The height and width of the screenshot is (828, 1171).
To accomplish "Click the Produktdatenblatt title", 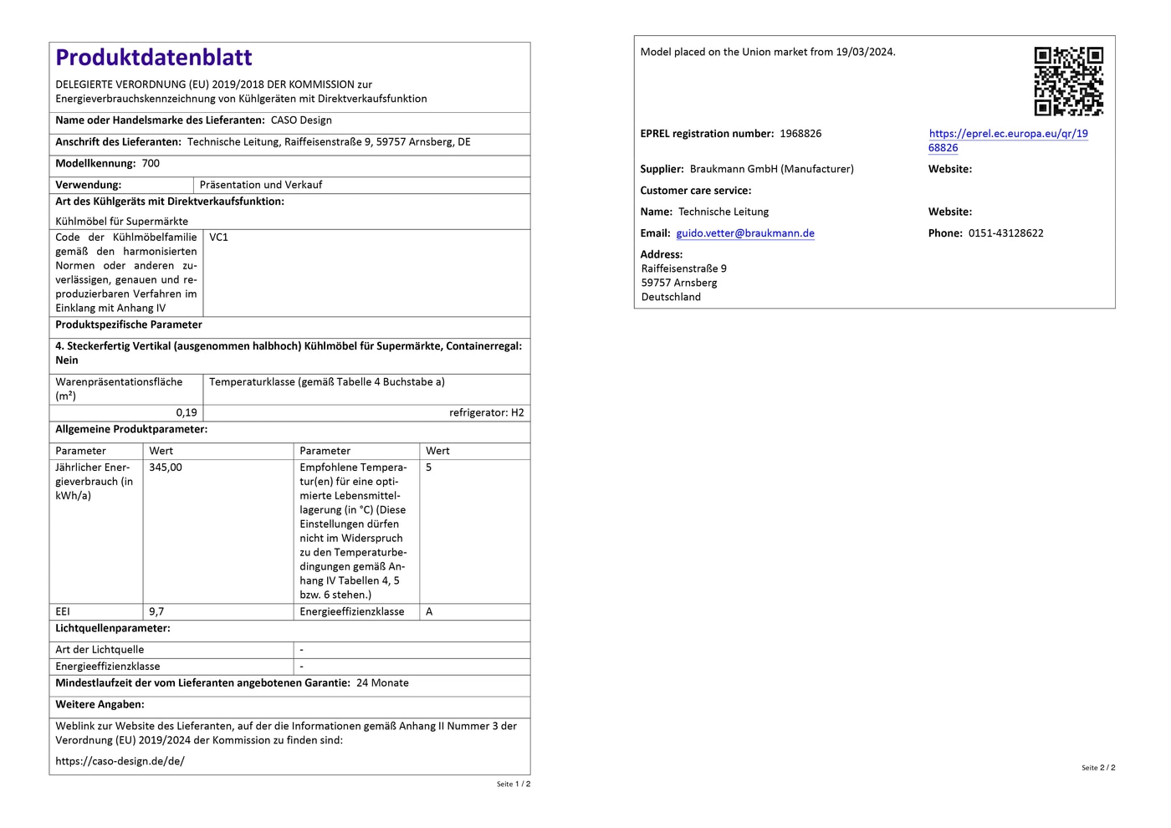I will pyautogui.click(x=154, y=58).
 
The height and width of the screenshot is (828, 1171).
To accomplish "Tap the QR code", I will pyautogui.click(x=1068, y=81).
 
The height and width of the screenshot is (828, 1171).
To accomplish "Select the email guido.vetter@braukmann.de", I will pyautogui.click(x=745, y=233).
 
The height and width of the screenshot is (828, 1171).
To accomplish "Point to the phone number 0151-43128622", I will pyautogui.click(x=1005, y=233).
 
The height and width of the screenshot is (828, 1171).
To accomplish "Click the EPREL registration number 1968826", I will pyautogui.click(x=800, y=134).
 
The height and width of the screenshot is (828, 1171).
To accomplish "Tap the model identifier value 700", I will pyautogui.click(x=151, y=164).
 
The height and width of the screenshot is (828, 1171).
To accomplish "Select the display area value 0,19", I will pyautogui.click(x=187, y=412).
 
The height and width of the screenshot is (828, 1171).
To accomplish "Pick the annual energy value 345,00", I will pyautogui.click(x=166, y=468).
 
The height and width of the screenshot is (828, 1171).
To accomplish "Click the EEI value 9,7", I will pyautogui.click(x=156, y=611).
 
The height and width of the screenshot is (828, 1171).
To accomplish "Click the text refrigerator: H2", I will pyautogui.click(x=486, y=412).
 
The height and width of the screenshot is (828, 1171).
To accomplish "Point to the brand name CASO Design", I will pyautogui.click(x=301, y=120).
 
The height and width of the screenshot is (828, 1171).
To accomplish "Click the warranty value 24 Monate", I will pyautogui.click(x=382, y=683).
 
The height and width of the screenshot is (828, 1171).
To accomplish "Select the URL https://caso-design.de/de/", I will pyautogui.click(x=120, y=761).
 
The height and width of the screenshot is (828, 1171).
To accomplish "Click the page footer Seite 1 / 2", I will pyautogui.click(x=514, y=784).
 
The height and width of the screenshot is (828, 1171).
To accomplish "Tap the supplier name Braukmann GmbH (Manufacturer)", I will pyautogui.click(x=771, y=169).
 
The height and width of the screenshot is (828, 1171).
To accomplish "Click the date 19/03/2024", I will pyautogui.click(x=864, y=52).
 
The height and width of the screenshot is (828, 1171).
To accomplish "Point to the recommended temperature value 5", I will pyautogui.click(x=429, y=468).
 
